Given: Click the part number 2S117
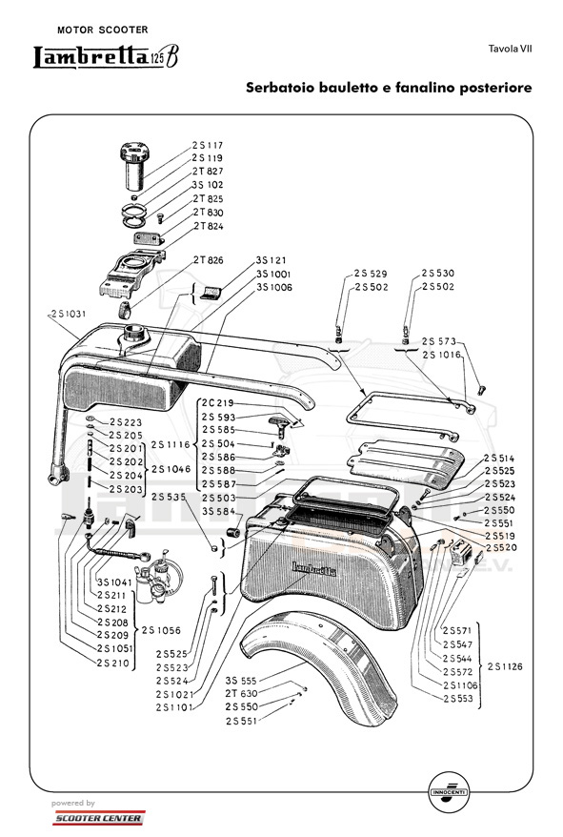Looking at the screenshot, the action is [x=208, y=145].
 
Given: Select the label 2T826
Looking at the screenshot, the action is [x=208, y=260].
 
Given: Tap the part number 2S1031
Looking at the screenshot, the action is [x=69, y=314].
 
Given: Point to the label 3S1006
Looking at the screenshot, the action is [x=274, y=287].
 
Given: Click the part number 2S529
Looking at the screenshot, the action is [x=371, y=274].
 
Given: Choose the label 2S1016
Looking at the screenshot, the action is [x=441, y=355].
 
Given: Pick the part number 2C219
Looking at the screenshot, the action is [x=218, y=403].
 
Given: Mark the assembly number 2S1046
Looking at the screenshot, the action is [x=171, y=469].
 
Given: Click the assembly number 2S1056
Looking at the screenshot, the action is [x=161, y=630].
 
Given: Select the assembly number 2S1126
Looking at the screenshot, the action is [x=505, y=666].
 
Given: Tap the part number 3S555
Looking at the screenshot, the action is [x=241, y=681].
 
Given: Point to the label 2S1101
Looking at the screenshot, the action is [x=174, y=707].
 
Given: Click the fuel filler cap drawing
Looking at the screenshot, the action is [x=135, y=165].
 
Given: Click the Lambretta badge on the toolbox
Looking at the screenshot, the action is [x=313, y=569].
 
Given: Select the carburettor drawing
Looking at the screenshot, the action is [x=159, y=577].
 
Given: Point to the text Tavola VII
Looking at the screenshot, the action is [x=511, y=50].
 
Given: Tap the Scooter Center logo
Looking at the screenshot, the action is [x=99, y=818].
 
